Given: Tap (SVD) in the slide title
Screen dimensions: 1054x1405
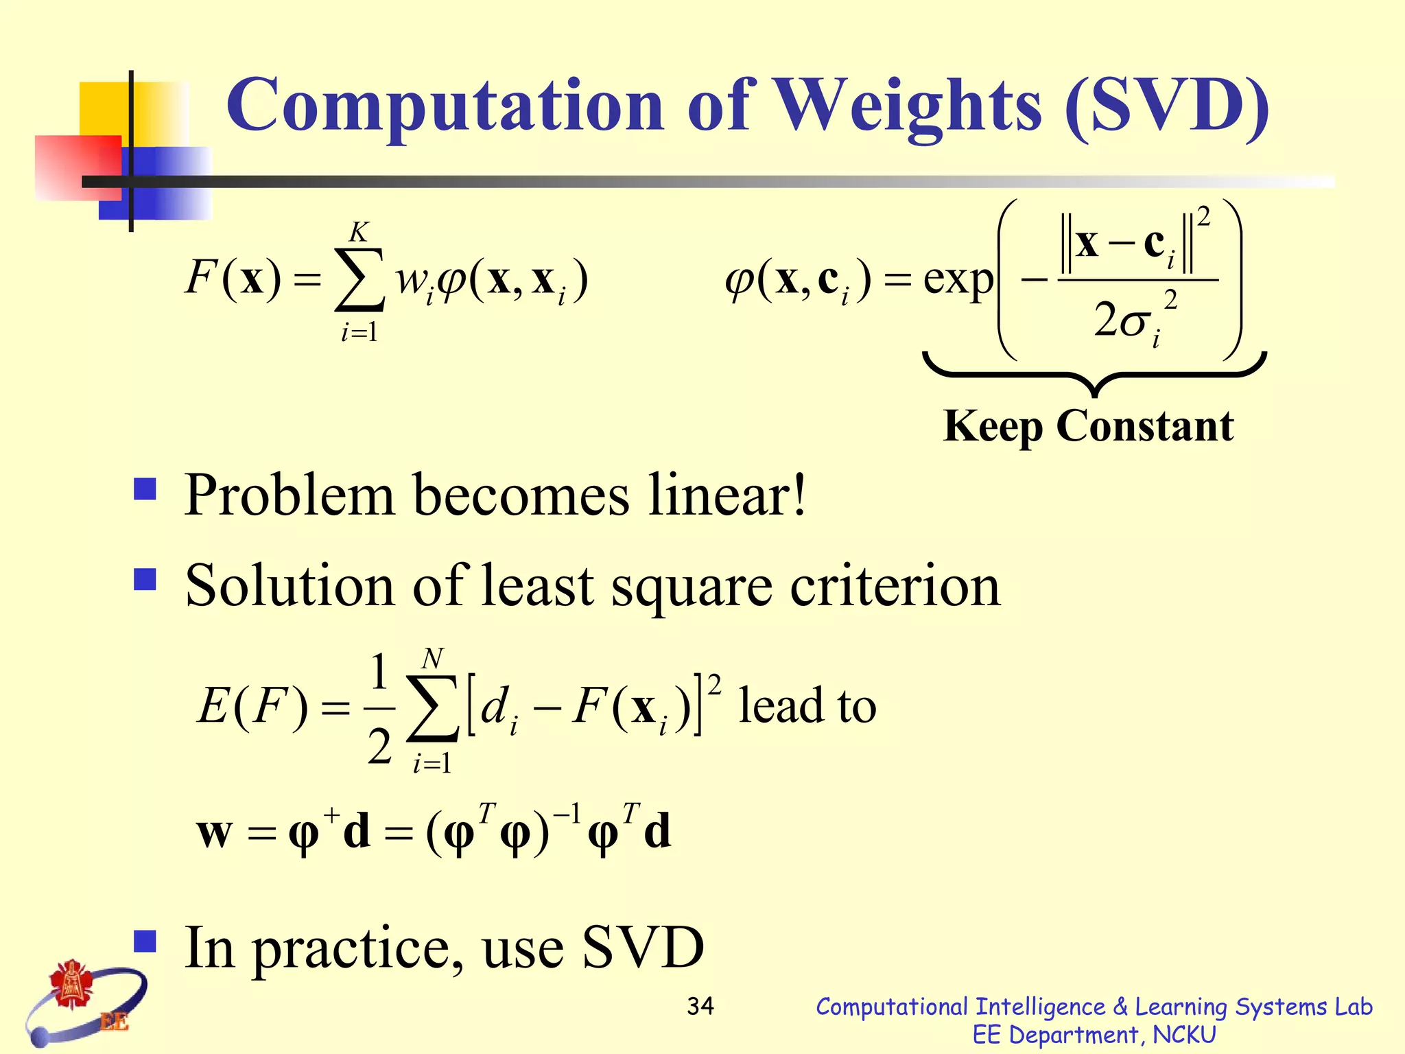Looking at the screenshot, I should coord(1167,106).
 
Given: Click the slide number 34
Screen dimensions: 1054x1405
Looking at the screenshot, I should coord(700,1007).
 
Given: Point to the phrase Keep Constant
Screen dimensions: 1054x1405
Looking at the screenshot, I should coord(1088,427).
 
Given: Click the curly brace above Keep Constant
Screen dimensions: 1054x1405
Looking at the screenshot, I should coord(1095,374).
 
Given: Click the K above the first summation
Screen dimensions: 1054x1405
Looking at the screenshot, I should coord(359,233).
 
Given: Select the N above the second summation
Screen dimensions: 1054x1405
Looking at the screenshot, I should coord(432,659).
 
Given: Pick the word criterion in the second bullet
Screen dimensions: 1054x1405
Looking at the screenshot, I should coord(895,586).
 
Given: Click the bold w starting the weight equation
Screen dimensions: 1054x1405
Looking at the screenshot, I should coord(215,833).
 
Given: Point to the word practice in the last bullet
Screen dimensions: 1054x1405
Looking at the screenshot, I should coord(357,949).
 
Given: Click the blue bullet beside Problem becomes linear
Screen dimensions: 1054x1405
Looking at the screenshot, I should coord(145,489).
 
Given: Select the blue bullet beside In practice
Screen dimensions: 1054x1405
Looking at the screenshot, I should coord(145,941).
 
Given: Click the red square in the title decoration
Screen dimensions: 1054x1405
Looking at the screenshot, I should coord(78,167).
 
